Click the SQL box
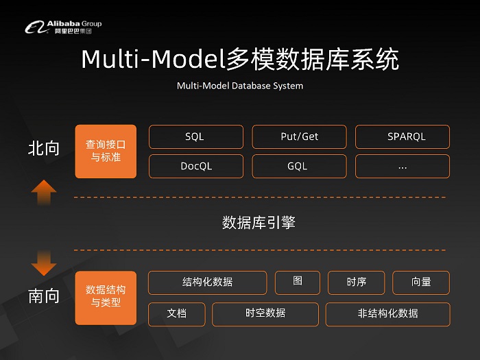pyautogui.click(x=195, y=136)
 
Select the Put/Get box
pyautogui.click(x=300, y=136)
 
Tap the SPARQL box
pyautogui.click(x=403, y=136)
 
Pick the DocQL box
pyautogui.click(x=195, y=166)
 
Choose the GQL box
pyautogui.click(x=300, y=166)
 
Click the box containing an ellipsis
pyautogui.click(x=403, y=166)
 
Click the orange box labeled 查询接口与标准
pyautogui.click(x=106, y=152)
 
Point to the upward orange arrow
pyautogui.click(x=44, y=192)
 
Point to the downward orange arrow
pyautogui.click(x=44, y=261)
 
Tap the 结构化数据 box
pyautogui.click(x=207, y=283)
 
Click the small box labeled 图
pyautogui.click(x=298, y=282)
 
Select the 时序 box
pyautogui.click(x=357, y=283)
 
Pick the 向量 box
pyautogui.click(x=421, y=283)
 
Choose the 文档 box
pyautogui.click(x=177, y=313)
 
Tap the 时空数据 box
pyautogui.click(x=265, y=313)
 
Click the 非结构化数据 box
pyautogui.click(x=387, y=313)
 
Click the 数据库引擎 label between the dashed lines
pyautogui.click(x=259, y=223)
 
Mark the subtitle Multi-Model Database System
pyautogui.click(x=240, y=86)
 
